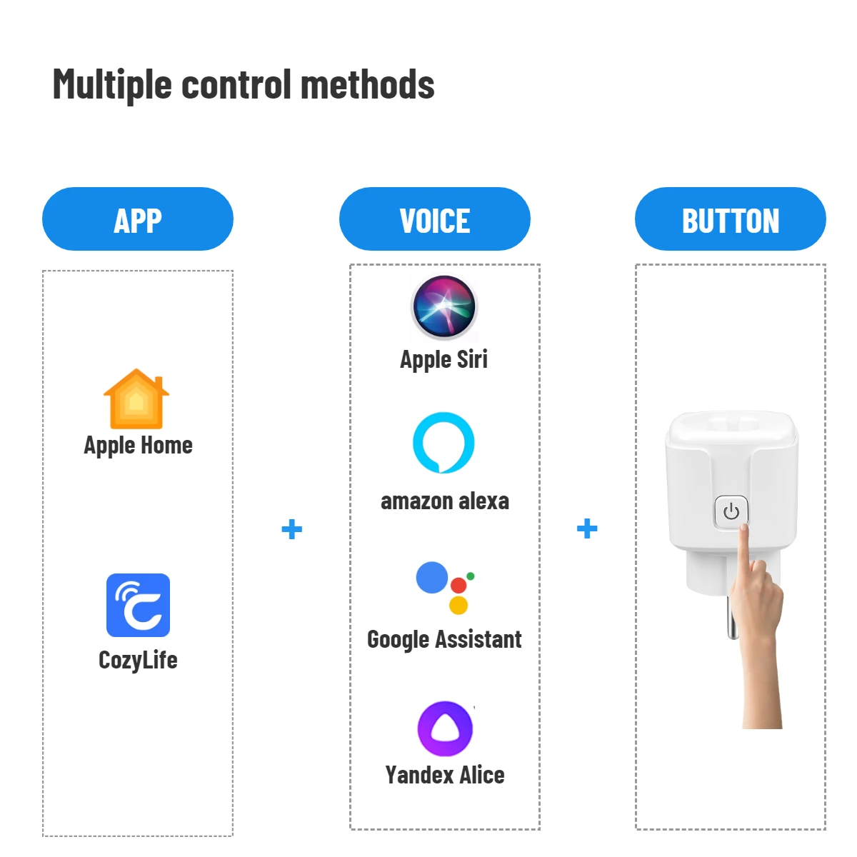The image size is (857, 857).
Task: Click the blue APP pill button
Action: [x=138, y=219]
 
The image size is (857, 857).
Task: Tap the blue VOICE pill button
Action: [x=434, y=219]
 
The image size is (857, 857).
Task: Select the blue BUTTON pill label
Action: [x=730, y=219]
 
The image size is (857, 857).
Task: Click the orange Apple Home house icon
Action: [x=136, y=399]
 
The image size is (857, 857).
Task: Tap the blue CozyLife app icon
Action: [x=138, y=605]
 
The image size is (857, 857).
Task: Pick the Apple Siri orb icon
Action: [x=444, y=308]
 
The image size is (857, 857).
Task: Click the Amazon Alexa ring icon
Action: [x=443, y=443]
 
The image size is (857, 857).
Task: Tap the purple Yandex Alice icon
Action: [x=445, y=728]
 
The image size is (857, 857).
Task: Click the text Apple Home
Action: [x=138, y=446]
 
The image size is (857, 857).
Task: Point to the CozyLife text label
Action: [x=138, y=660]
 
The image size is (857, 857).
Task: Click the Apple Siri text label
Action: [x=443, y=359]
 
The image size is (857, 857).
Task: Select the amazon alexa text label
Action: [x=444, y=501]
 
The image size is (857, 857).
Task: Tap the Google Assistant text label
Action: [x=444, y=639]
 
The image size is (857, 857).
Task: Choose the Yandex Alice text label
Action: [x=444, y=775]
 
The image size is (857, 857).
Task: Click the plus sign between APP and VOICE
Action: [x=291, y=529]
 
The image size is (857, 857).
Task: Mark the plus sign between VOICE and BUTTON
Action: [x=587, y=528]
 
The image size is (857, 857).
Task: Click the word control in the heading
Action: [x=236, y=84]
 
